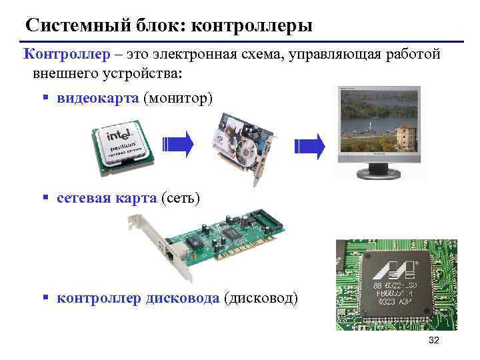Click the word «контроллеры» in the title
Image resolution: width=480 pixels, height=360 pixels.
251,26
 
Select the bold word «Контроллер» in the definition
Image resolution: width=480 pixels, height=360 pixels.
61,55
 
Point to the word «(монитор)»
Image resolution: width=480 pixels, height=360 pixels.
178,98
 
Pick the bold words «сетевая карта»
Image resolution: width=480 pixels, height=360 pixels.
107,198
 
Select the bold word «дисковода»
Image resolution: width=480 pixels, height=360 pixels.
180,297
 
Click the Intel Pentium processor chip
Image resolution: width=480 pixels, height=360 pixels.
123,144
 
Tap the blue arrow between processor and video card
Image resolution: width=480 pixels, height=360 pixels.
179,144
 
